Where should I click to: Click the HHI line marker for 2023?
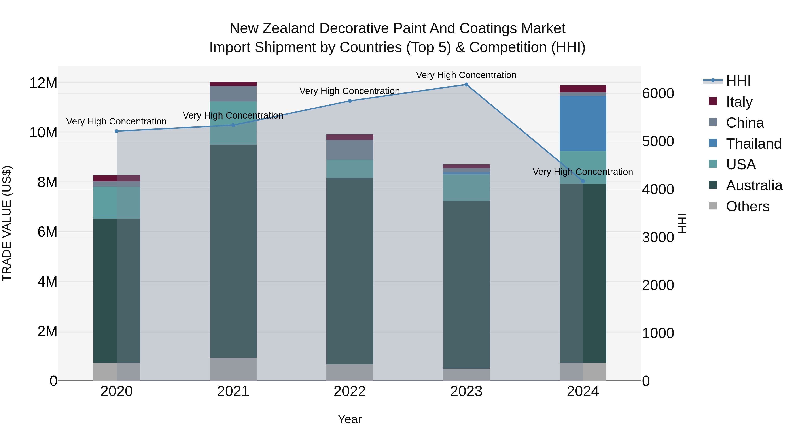466,85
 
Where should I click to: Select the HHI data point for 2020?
117,131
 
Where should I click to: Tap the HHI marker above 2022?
350,101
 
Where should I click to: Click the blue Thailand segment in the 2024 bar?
583,123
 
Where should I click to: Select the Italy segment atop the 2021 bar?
233,84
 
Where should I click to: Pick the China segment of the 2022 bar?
350,150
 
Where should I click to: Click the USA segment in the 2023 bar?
466,188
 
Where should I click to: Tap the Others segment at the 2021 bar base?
233,369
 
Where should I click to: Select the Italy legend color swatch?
713,101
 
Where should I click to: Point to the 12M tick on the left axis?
43,83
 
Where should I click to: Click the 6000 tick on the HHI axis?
658,93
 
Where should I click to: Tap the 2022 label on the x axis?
350,391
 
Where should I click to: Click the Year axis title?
350,419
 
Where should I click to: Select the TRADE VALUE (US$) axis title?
7,223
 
